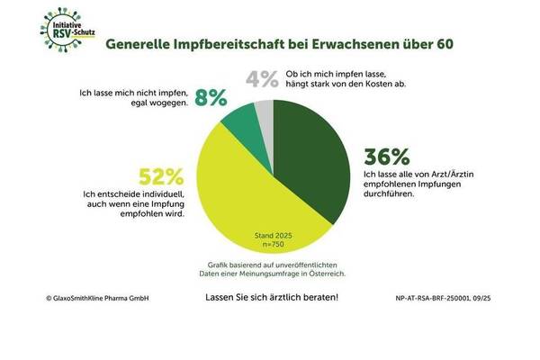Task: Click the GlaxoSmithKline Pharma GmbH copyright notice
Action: point(80,296)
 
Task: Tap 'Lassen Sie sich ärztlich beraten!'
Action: point(271,296)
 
